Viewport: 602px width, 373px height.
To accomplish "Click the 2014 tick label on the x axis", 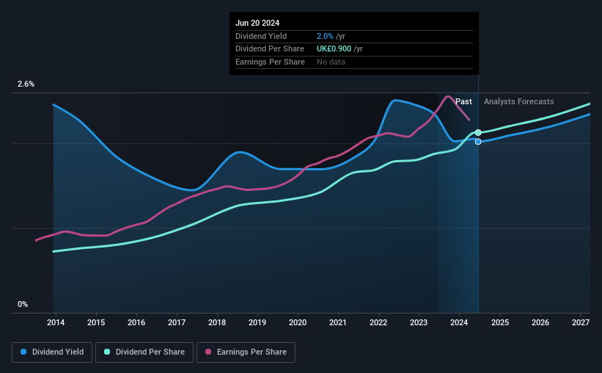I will coord(56,322).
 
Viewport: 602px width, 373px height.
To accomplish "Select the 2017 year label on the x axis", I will coord(177,322).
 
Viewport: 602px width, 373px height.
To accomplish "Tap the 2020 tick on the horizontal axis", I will coord(298,322).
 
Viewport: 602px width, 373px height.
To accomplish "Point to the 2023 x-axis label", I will coord(419,322).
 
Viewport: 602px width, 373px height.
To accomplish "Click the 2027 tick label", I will coord(580,322).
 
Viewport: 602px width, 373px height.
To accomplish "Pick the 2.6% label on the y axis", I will coord(26,84).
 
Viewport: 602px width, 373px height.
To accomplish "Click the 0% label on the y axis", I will coord(23,304).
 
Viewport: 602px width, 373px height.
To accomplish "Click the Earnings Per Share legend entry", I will coord(246,352).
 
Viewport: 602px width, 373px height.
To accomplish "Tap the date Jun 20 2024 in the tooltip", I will coord(257,23).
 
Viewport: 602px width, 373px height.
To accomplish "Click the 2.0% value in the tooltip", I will coord(325,36).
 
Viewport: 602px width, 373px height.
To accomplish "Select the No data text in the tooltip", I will coord(331,62).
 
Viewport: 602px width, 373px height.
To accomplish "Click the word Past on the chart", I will coord(463,101).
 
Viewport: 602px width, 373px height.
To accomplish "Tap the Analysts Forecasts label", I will coord(518,101).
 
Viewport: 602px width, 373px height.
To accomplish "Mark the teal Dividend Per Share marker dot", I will coord(478,133).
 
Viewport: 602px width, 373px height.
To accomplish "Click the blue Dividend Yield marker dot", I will coord(478,142).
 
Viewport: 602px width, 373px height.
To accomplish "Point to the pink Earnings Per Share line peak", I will coord(449,96).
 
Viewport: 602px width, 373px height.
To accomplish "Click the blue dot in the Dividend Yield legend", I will coord(24,352).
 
